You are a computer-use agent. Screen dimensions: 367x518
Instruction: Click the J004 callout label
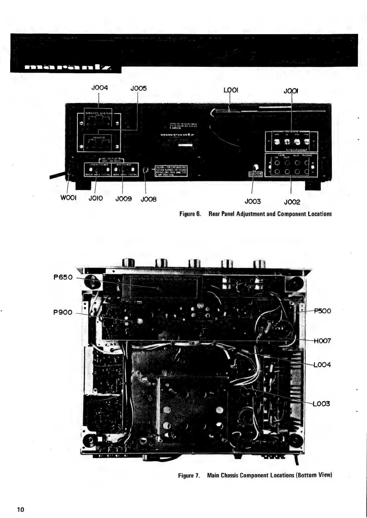[x=100, y=88]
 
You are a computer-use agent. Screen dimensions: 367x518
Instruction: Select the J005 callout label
[x=139, y=89]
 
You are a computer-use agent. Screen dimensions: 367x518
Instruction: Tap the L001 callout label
[x=231, y=90]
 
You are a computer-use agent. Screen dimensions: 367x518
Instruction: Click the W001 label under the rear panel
[x=70, y=198]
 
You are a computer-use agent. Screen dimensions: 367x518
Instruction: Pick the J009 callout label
[x=124, y=199]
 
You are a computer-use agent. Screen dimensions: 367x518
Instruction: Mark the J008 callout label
[x=149, y=199]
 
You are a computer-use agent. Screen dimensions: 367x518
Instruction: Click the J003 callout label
[x=252, y=202]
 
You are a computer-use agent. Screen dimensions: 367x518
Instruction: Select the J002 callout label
[x=292, y=202]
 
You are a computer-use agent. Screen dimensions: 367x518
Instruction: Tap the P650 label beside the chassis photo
[x=63, y=277]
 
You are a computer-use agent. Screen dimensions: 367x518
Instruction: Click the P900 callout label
[x=63, y=313]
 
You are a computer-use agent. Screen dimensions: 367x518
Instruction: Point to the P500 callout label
[x=322, y=311]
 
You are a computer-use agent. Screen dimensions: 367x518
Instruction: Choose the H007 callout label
[x=322, y=341]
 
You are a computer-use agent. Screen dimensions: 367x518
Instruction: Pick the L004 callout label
[x=322, y=365]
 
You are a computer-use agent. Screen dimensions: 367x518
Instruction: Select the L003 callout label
[x=321, y=404]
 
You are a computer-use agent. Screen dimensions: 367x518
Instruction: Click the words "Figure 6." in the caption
[x=190, y=214]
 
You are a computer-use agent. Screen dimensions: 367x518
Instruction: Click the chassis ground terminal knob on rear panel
[x=255, y=167]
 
